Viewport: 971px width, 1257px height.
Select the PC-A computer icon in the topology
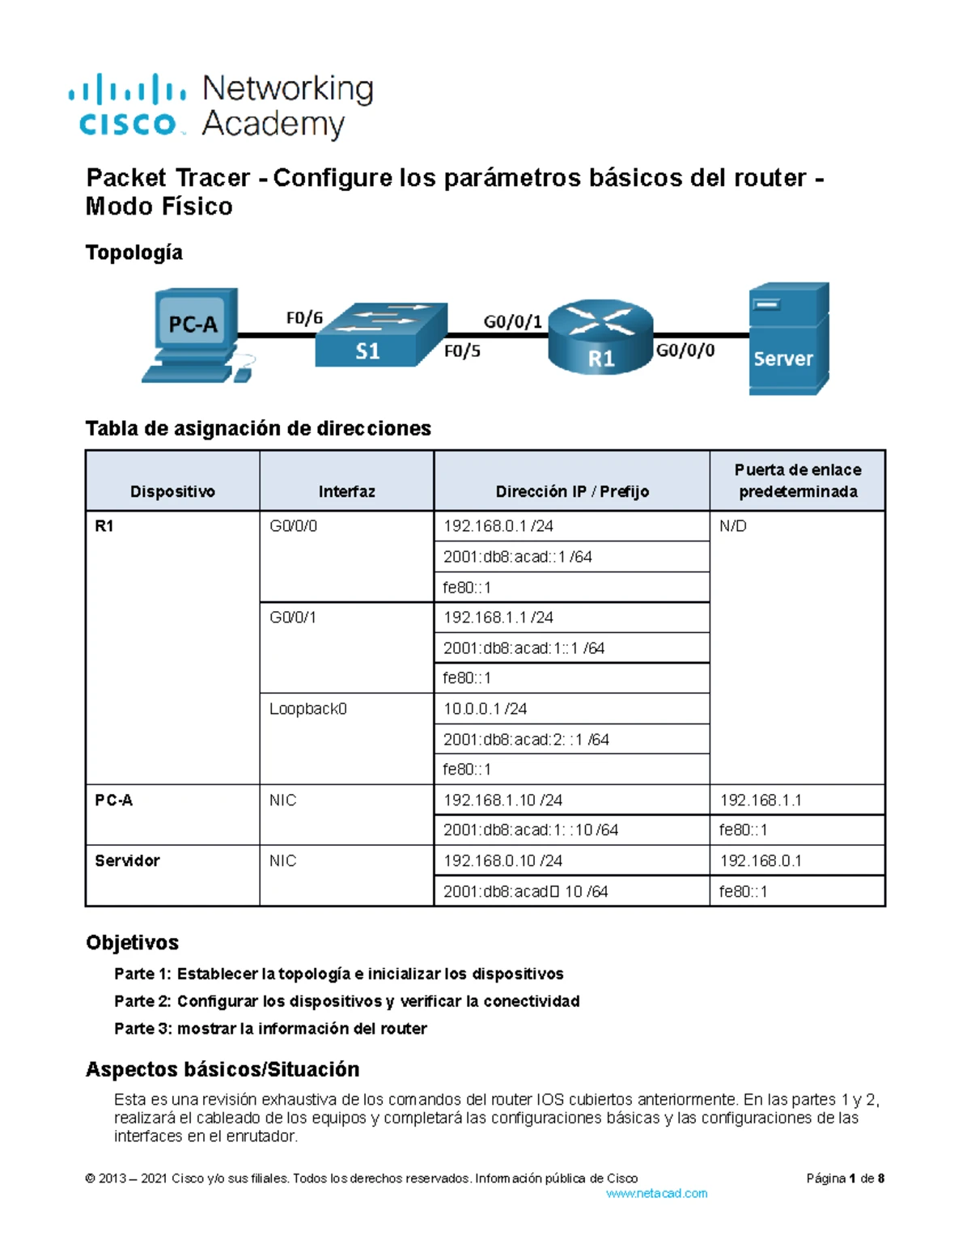(x=194, y=333)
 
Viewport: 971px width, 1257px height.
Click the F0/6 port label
(x=304, y=318)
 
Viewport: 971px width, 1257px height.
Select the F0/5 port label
(x=462, y=351)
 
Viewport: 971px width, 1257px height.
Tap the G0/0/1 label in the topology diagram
(x=512, y=321)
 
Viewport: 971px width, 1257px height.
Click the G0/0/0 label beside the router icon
(x=685, y=350)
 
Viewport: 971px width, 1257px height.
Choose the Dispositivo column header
(x=172, y=491)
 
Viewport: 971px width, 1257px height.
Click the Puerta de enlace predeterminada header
(x=797, y=481)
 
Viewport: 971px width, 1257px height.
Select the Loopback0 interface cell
(x=307, y=709)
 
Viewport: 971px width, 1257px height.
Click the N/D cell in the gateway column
(x=733, y=526)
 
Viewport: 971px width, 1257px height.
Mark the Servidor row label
(x=127, y=860)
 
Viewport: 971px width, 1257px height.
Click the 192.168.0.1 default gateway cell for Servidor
(x=761, y=860)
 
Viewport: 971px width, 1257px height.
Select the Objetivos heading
(x=132, y=942)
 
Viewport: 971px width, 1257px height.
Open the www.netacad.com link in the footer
(x=656, y=1193)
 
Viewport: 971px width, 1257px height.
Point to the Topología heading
(x=134, y=253)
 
